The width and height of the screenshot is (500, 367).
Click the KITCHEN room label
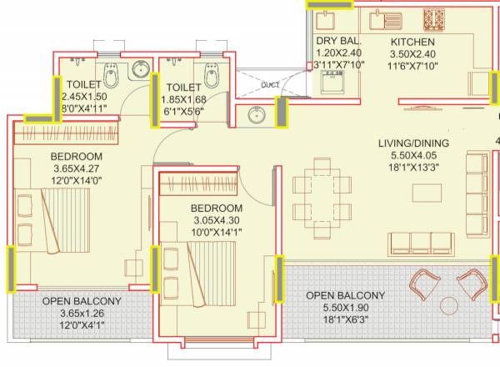tap(412, 41)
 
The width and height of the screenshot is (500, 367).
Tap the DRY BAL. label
tap(337, 41)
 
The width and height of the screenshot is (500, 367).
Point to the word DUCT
tap(269, 84)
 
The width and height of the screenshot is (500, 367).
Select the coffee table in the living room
tap(426, 192)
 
